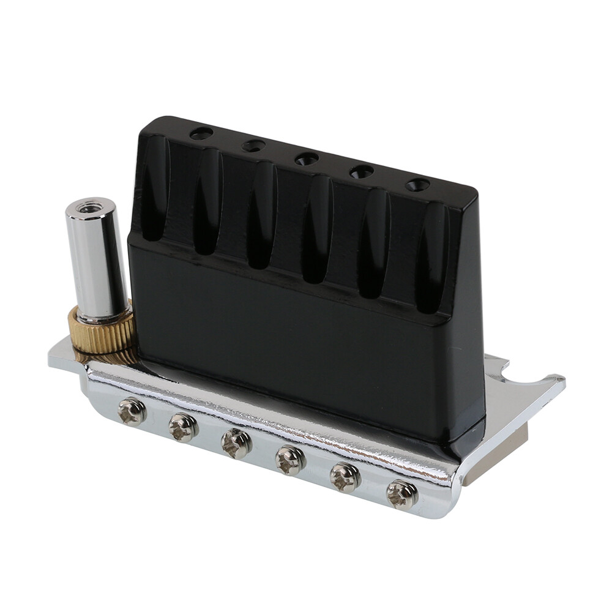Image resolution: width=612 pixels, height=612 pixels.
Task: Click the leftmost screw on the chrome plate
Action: tap(132, 411)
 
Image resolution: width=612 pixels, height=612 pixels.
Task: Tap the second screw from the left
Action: tap(184, 427)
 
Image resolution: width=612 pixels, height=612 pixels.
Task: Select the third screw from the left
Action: tap(236, 442)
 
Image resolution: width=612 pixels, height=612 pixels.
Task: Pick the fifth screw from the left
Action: tap(346, 477)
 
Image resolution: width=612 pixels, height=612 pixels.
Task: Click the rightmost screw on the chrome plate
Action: tap(403, 494)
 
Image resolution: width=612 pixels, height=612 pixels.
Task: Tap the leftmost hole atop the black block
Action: tap(201, 133)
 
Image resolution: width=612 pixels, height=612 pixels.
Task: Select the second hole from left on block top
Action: tap(253, 146)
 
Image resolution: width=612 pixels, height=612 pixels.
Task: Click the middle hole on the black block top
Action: tap(306, 159)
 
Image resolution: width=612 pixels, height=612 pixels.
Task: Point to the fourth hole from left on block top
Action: tap(362, 171)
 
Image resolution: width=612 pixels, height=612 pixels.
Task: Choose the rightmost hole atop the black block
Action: tap(417, 184)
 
